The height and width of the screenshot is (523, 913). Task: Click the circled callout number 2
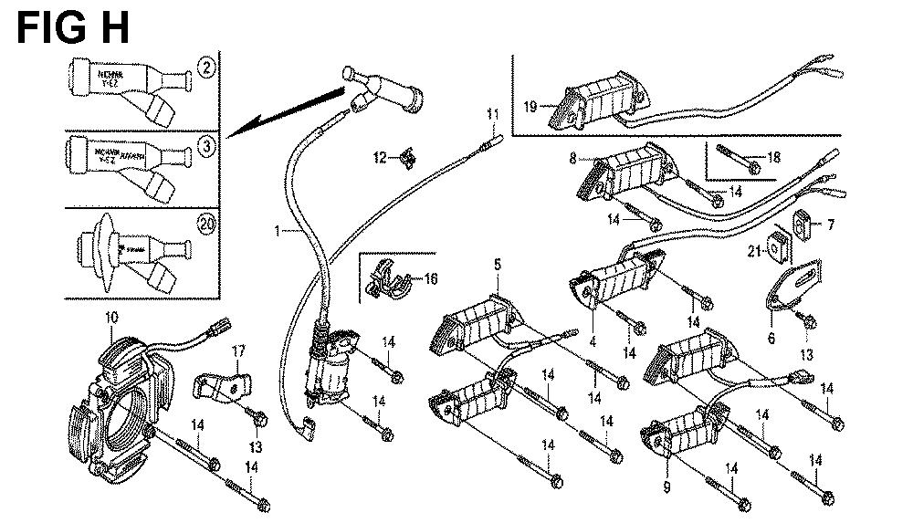click(x=207, y=67)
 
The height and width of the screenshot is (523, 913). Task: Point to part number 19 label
click(x=530, y=107)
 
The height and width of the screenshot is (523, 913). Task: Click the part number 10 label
click(x=111, y=318)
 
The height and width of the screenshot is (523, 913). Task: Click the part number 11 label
click(x=493, y=114)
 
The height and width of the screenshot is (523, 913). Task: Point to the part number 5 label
click(x=498, y=265)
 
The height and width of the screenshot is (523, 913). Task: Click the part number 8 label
click(x=573, y=158)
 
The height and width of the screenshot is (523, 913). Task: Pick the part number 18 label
click(x=774, y=157)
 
